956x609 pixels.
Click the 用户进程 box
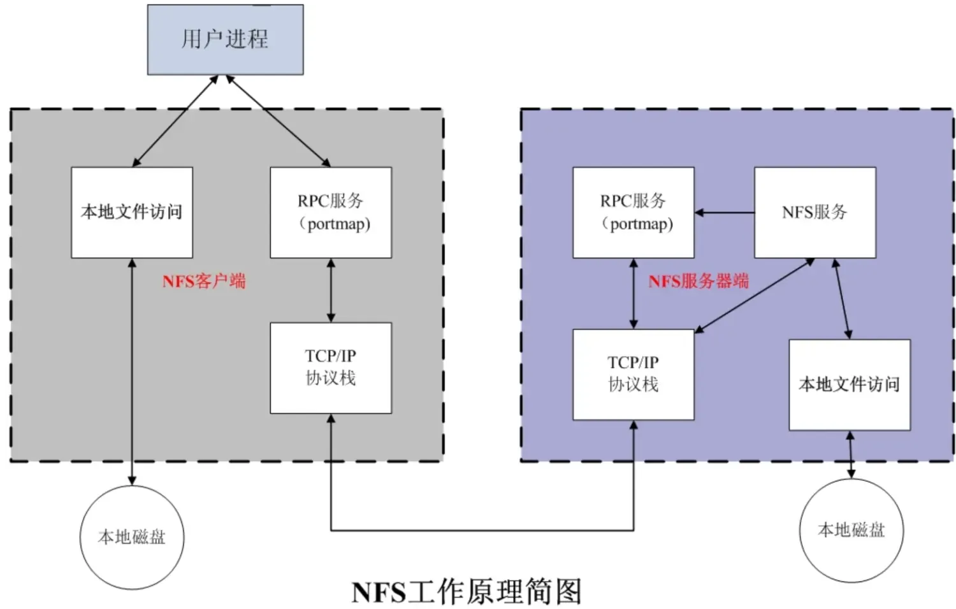225,39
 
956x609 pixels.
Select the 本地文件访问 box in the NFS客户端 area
132,212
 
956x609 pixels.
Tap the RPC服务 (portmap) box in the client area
331,212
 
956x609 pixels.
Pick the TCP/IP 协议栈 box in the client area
331,368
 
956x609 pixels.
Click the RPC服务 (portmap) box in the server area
633,212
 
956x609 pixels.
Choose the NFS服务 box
815,212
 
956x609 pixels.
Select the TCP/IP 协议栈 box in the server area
633,374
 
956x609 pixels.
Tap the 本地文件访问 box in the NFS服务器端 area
849,384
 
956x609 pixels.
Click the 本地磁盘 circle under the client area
132,537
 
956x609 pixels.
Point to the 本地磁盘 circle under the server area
851,530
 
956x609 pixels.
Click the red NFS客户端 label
204,281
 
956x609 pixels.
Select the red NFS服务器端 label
699,281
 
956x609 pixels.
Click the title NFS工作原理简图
467,592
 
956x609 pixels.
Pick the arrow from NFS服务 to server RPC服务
724,212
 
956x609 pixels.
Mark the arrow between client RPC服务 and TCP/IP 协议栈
331,290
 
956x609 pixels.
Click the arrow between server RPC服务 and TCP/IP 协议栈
633,293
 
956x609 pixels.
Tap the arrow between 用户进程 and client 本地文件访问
175,121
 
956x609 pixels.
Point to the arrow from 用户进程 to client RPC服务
278,121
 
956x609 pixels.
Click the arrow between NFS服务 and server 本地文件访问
841,298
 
